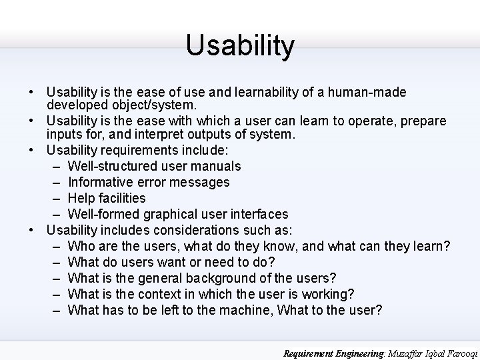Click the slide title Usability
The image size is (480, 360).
[x=240, y=45]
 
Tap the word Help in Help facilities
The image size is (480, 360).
[x=82, y=198]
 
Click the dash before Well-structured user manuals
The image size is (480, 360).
[x=54, y=166]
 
